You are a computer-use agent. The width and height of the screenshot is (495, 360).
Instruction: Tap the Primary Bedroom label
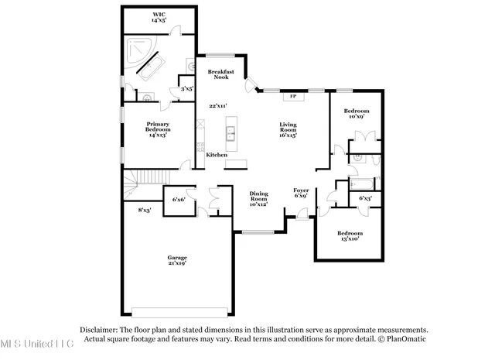[159, 129]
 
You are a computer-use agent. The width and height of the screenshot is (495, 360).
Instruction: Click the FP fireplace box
[292, 96]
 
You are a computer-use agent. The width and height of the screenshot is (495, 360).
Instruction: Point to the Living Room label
[288, 129]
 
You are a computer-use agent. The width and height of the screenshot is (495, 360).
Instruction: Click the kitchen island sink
[230, 134]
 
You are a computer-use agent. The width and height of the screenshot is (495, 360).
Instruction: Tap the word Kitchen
[216, 155]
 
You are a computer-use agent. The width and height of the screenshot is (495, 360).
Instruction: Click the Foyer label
[301, 193]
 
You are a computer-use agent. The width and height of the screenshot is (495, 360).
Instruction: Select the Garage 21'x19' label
[178, 260]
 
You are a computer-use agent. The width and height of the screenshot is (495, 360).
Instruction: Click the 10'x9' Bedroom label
[357, 114]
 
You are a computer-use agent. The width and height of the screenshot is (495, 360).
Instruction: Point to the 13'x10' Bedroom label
[349, 235]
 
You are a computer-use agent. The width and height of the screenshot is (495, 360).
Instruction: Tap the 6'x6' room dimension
[178, 199]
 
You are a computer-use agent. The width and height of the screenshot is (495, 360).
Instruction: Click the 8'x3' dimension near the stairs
[145, 210]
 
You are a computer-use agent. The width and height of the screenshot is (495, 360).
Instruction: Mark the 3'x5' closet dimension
[186, 89]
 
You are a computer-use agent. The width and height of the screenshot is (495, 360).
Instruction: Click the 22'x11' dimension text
[218, 106]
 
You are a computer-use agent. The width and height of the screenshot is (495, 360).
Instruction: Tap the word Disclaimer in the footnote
[97, 329]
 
